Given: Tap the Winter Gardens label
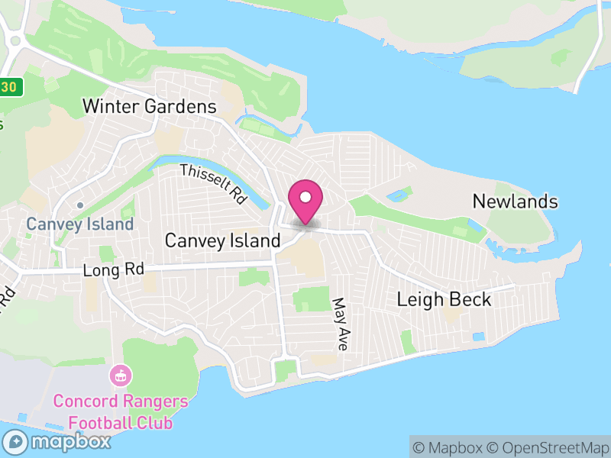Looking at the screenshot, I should point(150,107).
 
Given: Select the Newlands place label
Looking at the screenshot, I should point(515,202).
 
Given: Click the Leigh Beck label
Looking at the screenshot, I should point(444,299).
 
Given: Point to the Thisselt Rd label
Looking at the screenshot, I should point(214,184).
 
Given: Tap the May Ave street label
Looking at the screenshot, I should point(340,324).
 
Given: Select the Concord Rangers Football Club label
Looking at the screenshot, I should point(120,412).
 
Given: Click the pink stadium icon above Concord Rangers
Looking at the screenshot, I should point(120,376).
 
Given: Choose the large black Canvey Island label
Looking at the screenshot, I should point(223,241).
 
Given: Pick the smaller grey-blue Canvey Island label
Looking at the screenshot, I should point(79,224).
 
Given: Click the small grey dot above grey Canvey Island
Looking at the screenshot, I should point(79,205).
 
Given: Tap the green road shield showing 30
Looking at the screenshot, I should point(9,87).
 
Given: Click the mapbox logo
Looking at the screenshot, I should point(57,441).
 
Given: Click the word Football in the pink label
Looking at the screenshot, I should point(96,423).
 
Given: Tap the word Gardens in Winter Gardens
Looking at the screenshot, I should point(183,107).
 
